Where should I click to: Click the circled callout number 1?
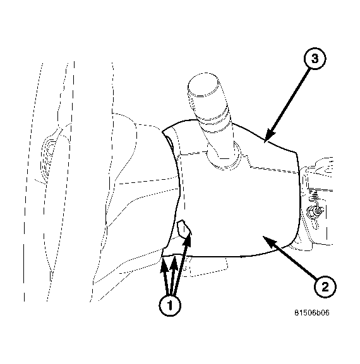point(170,305)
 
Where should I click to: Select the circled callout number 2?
point(325,287)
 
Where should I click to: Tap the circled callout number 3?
point(315,59)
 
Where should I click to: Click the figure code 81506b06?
point(312,313)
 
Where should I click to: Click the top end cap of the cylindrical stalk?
point(203,85)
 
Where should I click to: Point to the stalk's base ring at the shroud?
point(223,158)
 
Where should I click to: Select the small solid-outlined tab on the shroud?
point(184,229)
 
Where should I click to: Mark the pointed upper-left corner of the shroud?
point(162,132)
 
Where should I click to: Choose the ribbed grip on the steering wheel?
point(47,158)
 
